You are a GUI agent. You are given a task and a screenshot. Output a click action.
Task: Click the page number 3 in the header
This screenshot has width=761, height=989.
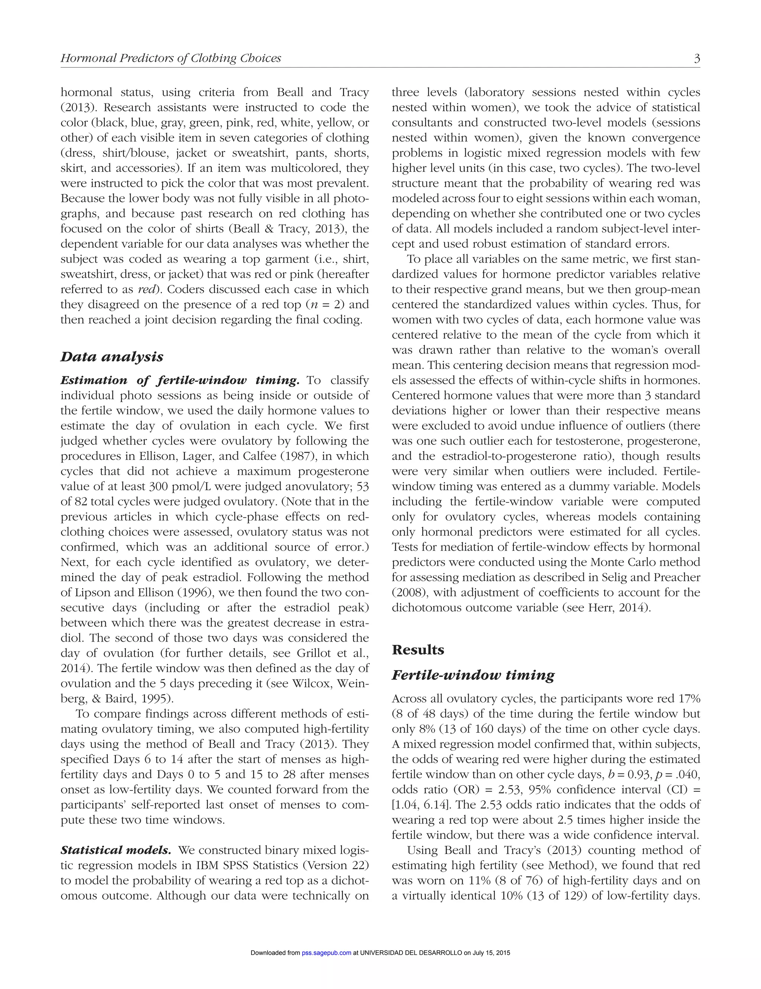[697, 58]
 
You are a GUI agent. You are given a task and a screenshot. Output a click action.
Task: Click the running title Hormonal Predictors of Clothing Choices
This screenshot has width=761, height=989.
[171, 58]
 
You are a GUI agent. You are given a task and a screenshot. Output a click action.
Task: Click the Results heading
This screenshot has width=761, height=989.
[418, 650]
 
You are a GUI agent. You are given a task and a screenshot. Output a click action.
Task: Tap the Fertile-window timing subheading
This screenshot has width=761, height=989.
[473, 675]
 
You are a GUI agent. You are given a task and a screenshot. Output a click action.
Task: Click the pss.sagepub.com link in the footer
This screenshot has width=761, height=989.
[326, 953]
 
